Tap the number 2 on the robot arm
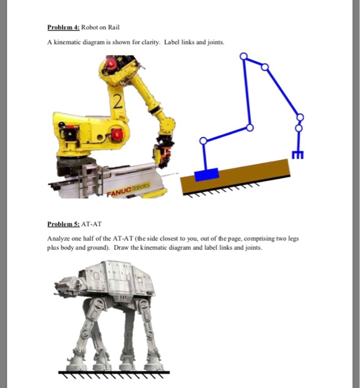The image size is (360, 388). coord(116,101)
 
